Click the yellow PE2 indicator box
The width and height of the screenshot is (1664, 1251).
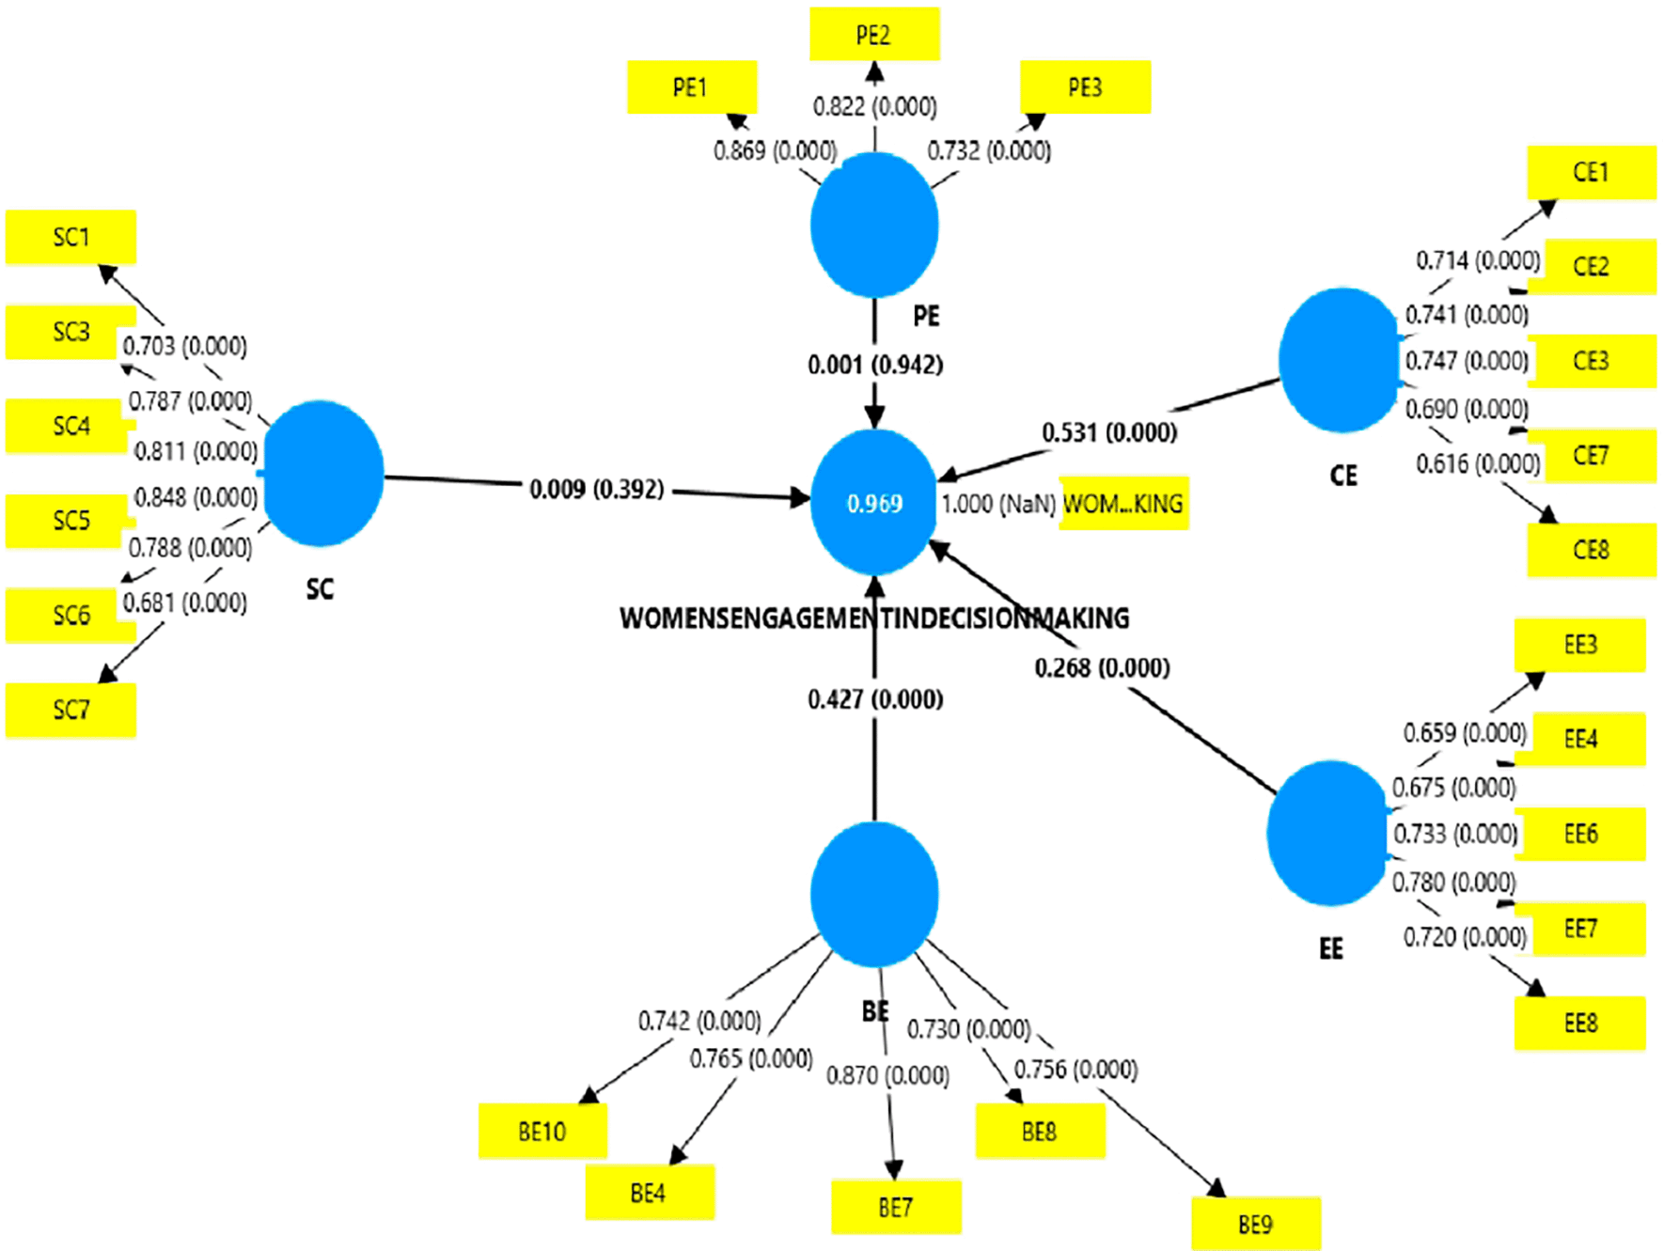coord(874,35)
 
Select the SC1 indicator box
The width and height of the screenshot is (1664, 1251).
coord(71,237)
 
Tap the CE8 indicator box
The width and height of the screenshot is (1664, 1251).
coord(1591,550)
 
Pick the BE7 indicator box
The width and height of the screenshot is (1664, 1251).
coord(896,1207)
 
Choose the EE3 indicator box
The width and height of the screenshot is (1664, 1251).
coord(1580,645)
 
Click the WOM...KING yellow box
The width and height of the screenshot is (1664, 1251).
coord(1123,504)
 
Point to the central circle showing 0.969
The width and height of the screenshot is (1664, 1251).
coord(874,503)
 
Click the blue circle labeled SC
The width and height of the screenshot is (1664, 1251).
coord(323,473)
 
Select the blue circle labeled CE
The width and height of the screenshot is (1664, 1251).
coord(1340,360)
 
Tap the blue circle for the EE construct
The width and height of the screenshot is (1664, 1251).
coord(1328,833)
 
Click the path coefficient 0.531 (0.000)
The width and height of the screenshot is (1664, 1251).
coord(1109,433)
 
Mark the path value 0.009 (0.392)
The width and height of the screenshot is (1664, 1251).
coord(597,490)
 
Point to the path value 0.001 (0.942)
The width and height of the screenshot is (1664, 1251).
coord(875,365)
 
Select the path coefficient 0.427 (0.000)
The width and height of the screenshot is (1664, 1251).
coord(875,699)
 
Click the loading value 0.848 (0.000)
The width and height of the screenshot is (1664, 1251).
coord(196,497)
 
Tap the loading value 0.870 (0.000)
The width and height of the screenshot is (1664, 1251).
coord(887,1075)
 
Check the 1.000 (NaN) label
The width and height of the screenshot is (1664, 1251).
coord(998,505)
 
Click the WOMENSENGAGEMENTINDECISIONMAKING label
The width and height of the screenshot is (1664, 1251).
coord(874,618)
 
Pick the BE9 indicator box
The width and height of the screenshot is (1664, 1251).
coord(1255,1224)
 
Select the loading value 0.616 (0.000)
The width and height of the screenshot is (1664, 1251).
coord(1478,463)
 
